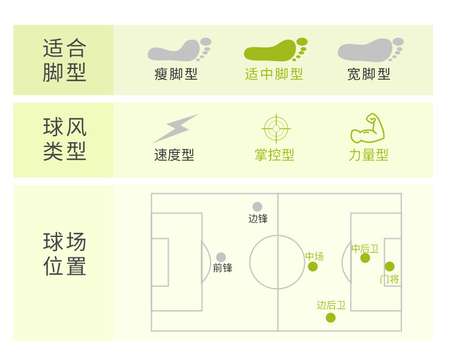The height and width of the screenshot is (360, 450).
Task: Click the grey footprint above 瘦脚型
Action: [178, 50]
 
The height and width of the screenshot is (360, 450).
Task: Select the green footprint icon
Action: [275, 50]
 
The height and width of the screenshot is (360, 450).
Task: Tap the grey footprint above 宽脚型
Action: [370, 50]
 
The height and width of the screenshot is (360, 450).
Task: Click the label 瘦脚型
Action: [176, 74]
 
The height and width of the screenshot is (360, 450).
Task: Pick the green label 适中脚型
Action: [274, 74]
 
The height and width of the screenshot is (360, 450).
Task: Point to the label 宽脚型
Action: [368, 74]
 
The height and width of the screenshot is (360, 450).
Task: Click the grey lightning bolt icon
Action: [175, 128]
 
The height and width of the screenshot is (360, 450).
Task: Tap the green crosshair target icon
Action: [276, 128]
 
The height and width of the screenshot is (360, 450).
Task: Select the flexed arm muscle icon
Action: [367, 128]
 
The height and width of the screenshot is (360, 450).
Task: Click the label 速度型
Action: [174, 155]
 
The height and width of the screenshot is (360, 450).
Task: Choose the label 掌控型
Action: [274, 155]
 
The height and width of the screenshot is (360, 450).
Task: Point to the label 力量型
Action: [368, 155]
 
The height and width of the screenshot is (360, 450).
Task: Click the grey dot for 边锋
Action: [257, 206]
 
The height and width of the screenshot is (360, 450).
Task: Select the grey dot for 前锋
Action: [221, 257]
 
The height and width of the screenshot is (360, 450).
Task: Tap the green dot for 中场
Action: [313, 266]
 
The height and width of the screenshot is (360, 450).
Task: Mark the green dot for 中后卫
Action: [365, 258]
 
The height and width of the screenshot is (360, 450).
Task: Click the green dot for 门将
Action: [389, 266]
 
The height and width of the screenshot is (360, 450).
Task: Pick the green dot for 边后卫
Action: [331, 317]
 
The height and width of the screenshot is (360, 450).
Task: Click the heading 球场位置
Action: [65, 254]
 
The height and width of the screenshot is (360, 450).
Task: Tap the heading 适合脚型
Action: [65, 60]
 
